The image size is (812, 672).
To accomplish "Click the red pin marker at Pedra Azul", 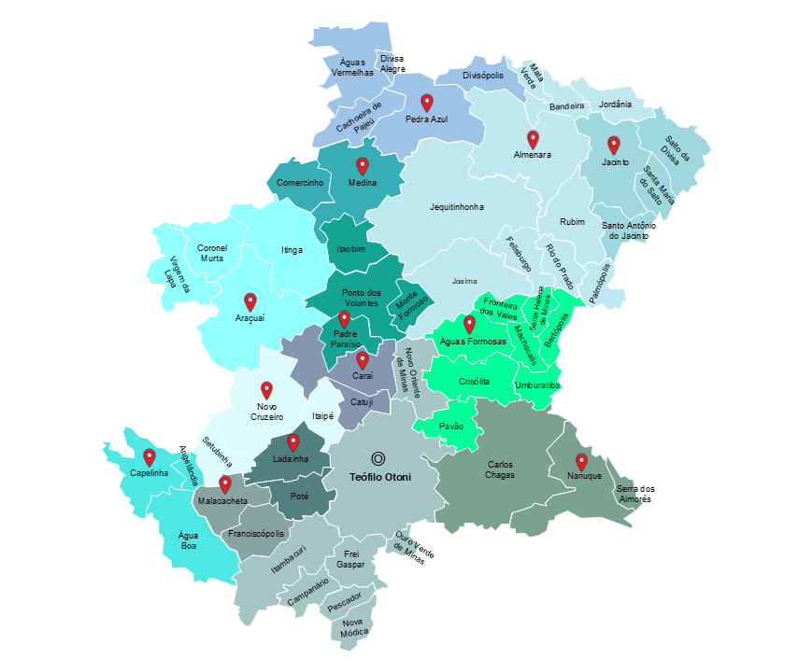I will (427, 103).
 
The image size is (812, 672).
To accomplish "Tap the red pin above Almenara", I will (533, 139).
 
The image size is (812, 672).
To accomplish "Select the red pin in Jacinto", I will (614, 145).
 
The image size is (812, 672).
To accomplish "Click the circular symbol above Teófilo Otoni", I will (378, 458).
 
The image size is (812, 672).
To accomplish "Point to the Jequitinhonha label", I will (457, 206).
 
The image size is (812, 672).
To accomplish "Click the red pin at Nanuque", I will (581, 461).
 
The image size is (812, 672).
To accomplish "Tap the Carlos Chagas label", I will (501, 469).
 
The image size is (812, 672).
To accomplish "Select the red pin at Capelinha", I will (150, 457).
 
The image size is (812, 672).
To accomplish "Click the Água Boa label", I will (189, 541).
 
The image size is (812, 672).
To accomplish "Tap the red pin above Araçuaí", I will (250, 301).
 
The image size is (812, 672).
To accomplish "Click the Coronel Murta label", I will (212, 253).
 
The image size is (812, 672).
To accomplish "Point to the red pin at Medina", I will (363, 166).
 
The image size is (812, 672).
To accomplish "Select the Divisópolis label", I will (483, 75).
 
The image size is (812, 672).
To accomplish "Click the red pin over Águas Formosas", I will (469, 324).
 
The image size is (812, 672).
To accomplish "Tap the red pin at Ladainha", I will (292, 441).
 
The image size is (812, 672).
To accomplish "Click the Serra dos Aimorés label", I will (635, 494).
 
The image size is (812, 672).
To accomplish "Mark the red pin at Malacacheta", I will (224, 483).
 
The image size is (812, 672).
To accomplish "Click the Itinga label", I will (292, 250).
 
